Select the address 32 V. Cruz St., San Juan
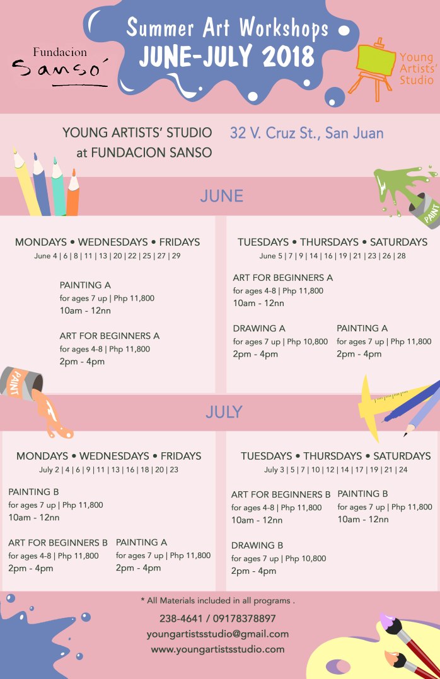pos(306,134)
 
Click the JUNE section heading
pos(221,197)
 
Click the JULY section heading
pos(223,413)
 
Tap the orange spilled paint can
pos(21,382)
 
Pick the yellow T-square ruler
pos(378,403)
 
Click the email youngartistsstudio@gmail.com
pos(217,634)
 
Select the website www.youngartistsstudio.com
pos(217,649)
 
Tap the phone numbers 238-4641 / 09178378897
pos(217,619)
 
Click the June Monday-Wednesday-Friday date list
pos(107,256)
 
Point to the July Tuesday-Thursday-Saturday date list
pos(335,470)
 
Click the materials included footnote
pos(217,601)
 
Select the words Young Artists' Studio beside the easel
pos(416,69)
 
